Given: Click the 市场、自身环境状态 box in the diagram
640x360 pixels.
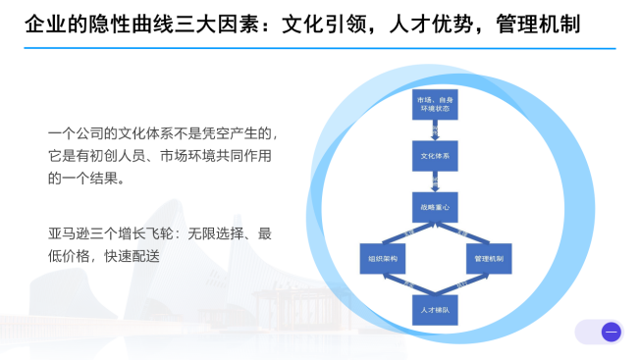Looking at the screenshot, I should coord(435,106).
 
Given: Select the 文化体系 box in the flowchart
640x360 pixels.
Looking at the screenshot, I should coord(435,156).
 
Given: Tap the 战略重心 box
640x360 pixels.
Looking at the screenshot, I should coord(435,206).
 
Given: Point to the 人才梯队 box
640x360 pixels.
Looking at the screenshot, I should coord(435,307).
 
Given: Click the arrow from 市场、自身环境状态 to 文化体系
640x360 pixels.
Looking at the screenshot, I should coord(435,131).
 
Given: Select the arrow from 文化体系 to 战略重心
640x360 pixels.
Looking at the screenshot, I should coord(435,181).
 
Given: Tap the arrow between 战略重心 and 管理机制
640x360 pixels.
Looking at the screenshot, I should coord(464,233).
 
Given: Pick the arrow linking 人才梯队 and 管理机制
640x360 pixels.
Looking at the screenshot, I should coord(464,284).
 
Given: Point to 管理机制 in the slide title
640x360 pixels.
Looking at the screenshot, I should coord(546,23).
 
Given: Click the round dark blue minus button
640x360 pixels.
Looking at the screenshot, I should coord(611,332).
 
